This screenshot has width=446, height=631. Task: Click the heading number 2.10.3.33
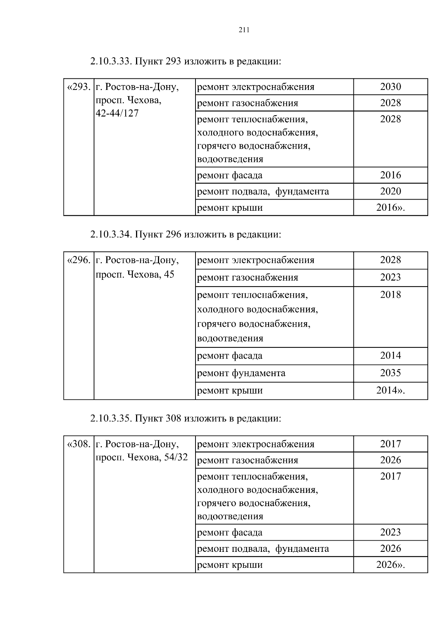[x=110, y=61]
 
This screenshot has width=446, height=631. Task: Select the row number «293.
[x=78, y=87]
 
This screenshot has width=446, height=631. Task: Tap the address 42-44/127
[x=117, y=113]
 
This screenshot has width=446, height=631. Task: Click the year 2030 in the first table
[x=390, y=87]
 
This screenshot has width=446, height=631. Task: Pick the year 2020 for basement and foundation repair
[x=390, y=191]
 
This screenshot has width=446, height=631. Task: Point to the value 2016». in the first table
[x=390, y=208]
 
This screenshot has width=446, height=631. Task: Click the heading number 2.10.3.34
[x=110, y=234]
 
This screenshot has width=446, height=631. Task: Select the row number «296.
[x=78, y=260]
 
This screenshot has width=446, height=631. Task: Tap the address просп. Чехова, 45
[x=135, y=275]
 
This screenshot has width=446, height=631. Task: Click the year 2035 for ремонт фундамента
[x=390, y=373]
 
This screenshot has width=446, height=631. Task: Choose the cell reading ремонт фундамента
[x=241, y=373]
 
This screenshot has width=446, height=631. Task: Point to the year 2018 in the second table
[x=390, y=295]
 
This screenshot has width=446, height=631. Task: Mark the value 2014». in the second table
[x=390, y=391]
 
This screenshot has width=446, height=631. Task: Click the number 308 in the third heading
[x=173, y=418]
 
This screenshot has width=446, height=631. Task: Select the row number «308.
[x=78, y=444]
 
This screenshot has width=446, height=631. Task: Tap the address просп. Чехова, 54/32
[x=142, y=457]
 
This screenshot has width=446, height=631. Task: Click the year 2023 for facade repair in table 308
[x=390, y=532]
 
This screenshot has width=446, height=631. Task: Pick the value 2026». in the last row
[x=390, y=565]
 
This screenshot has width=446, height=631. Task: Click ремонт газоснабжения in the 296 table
[x=248, y=278]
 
